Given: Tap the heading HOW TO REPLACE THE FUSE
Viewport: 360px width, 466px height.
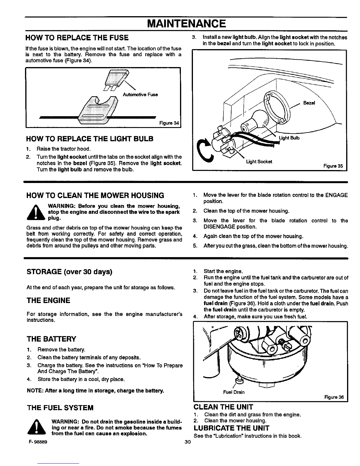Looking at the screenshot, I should pyautogui.click(x=77, y=38).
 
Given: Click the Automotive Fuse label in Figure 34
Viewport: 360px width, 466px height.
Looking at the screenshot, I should pyautogui.click(x=140, y=94).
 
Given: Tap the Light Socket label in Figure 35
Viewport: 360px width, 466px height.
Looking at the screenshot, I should pyautogui.click(x=259, y=162).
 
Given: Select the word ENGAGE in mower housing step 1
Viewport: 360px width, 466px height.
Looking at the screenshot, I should pyautogui.click(x=336, y=195).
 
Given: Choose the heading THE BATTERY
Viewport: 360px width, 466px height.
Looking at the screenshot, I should pyautogui.click(x=51, y=339).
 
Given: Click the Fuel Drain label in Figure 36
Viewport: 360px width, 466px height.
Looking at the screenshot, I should pyautogui.click(x=234, y=392).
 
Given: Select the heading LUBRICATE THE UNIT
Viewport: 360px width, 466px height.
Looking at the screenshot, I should pyautogui.click(x=231, y=428).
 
